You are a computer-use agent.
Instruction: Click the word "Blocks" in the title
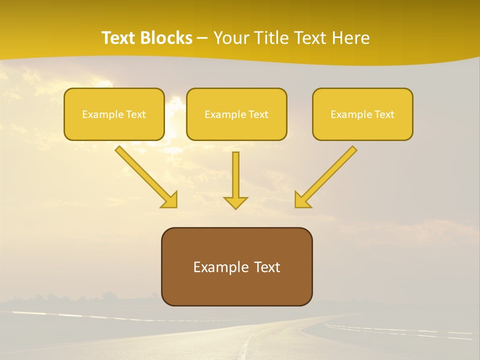tap(167, 38)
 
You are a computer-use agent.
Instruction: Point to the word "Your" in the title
tap(232, 38)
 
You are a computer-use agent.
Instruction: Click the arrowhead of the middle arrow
tap(235, 202)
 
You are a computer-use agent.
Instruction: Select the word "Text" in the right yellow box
tap(384, 114)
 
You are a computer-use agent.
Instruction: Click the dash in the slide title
tap(202, 38)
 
